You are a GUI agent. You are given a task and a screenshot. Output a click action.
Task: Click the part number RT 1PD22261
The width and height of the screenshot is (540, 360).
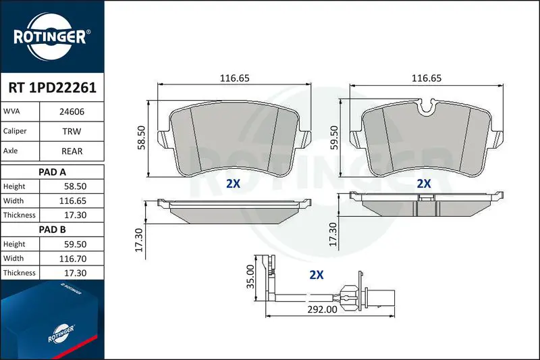(x=53, y=88)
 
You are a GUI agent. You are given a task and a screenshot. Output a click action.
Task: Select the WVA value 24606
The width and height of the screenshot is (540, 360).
(x=72, y=111)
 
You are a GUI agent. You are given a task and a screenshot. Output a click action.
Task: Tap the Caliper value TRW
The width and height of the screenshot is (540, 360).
(x=72, y=131)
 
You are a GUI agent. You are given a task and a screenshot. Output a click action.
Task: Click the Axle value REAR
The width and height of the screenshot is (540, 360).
(x=72, y=151)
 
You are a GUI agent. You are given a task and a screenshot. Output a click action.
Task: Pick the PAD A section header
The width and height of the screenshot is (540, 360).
(x=53, y=172)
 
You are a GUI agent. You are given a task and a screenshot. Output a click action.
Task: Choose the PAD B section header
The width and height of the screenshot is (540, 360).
(x=53, y=230)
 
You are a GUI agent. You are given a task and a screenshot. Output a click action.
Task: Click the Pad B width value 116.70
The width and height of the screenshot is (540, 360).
(x=73, y=259)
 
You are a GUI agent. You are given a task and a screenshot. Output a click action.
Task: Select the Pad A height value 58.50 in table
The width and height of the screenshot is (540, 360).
(x=75, y=186)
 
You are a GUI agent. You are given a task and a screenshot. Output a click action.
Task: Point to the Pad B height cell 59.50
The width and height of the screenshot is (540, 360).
(x=75, y=245)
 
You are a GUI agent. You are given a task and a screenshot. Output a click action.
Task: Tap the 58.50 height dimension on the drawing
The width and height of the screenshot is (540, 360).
(x=141, y=138)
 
